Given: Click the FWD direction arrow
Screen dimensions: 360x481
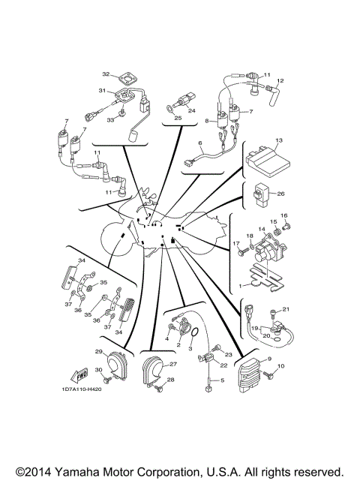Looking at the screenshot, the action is point(79,374).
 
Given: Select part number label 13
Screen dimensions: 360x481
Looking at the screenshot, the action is point(279,140).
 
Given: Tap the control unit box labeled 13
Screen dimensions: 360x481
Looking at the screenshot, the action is point(268,161).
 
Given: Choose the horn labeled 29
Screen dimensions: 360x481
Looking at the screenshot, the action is point(116,365).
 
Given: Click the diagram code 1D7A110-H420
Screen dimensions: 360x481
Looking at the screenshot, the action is point(81,389).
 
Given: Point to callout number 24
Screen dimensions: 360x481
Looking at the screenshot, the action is point(192,110).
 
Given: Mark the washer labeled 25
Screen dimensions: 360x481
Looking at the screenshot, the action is point(170,109).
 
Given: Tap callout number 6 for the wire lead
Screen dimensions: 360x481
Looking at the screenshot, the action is point(200,143).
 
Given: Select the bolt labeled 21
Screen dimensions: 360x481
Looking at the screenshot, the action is point(271,314).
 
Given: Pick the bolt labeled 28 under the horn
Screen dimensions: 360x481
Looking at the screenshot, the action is point(160,389).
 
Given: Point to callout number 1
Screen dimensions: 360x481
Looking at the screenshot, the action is point(240,286).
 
